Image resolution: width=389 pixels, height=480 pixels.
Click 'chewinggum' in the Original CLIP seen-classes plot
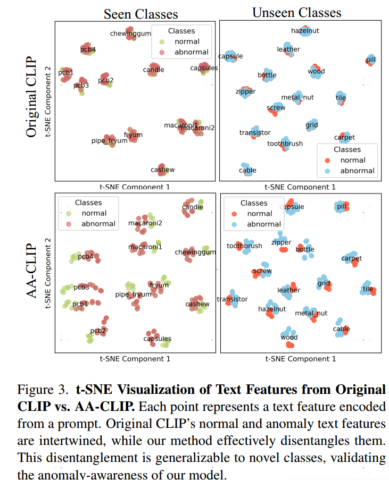[x=131, y=33]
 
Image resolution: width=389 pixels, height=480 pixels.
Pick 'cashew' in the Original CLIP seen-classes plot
[x=162, y=170]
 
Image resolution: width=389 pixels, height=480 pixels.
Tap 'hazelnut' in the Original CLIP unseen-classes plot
[x=305, y=31]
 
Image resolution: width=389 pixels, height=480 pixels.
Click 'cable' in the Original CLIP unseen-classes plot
[x=247, y=170]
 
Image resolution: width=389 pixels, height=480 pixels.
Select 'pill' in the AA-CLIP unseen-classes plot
[x=342, y=206]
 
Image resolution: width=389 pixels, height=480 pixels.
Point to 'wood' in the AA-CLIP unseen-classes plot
[x=289, y=337]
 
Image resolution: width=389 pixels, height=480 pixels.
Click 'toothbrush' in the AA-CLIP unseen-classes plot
[x=244, y=246]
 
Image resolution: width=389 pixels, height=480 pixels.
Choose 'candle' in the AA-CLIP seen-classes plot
[x=193, y=207]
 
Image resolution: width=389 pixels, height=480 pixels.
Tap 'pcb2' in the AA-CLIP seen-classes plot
[x=98, y=331]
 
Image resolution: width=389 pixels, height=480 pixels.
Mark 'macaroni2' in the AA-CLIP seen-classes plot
[x=145, y=223]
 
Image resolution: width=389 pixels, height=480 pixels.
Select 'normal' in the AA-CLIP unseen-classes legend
[x=260, y=214]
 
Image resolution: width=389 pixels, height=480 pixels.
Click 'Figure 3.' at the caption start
[x=43, y=390]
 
